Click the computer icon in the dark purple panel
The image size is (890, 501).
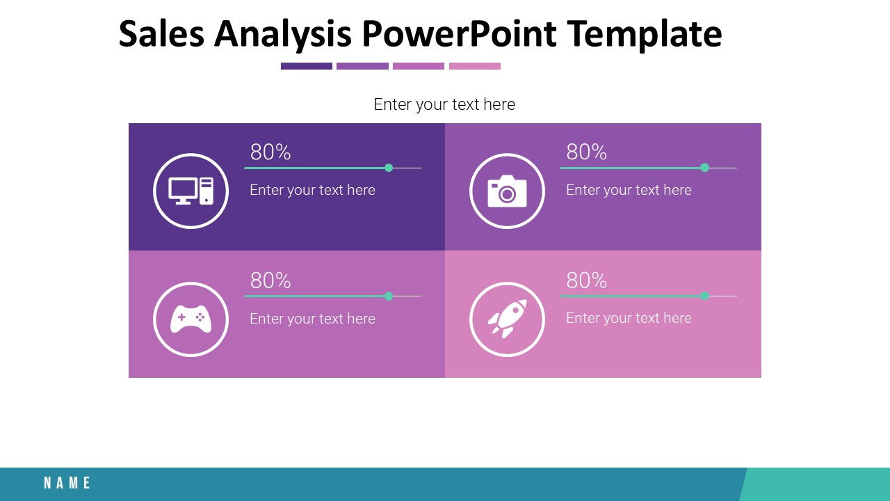pyautogui.click(x=191, y=191)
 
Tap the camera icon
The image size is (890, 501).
pyautogui.click(x=507, y=191)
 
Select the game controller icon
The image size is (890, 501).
pyautogui.click(x=191, y=319)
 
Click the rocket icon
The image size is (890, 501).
pyautogui.click(x=507, y=319)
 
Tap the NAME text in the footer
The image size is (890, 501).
pyautogui.click(x=67, y=483)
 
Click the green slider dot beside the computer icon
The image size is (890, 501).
pyautogui.click(x=389, y=168)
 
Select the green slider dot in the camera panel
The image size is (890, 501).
pyautogui.click(x=704, y=168)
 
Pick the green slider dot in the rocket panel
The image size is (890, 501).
pyautogui.click(x=704, y=296)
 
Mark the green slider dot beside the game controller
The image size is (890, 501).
pyautogui.click(x=389, y=296)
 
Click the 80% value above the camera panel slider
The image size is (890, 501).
pyautogui.click(x=586, y=152)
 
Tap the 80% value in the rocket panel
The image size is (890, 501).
pyautogui.click(x=586, y=280)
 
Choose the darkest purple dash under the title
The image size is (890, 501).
pyautogui.click(x=307, y=66)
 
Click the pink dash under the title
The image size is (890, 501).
pyautogui.click(x=475, y=66)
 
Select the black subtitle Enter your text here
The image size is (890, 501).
pyautogui.click(x=444, y=104)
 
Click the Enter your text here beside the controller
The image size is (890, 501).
pyautogui.click(x=312, y=319)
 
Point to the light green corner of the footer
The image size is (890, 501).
pyautogui.click(x=817, y=484)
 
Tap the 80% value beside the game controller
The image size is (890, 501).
pyautogui.click(x=270, y=280)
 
